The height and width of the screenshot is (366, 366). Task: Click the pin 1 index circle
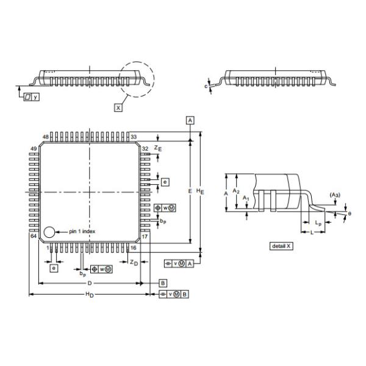point(49,232)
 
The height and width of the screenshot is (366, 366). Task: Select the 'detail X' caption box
point(281,246)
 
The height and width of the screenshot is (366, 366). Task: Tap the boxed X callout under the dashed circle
point(118,108)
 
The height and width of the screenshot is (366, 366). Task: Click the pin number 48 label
point(46,137)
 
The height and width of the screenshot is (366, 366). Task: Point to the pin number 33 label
point(134,137)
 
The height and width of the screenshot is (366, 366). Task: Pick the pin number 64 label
point(34,236)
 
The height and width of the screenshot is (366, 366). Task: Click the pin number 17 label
point(145,237)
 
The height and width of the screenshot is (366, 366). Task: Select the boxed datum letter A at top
point(190,120)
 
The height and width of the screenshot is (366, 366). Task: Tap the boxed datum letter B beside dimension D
point(163,283)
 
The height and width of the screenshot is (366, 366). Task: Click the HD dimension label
point(90,295)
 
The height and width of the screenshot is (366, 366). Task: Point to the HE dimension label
point(200,192)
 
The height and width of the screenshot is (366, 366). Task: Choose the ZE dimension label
point(158,148)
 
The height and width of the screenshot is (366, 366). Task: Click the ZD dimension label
point(134,262)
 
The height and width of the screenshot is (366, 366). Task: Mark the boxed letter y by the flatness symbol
point(35,96)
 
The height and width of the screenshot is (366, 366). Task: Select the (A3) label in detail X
point(335,195)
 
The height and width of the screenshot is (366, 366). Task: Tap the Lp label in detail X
point(318,223)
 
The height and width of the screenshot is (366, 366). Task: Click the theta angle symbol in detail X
point(350,213)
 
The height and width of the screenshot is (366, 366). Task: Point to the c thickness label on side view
point(206,87)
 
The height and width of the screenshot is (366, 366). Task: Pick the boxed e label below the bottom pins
point(54,268)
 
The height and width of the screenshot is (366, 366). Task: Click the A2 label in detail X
point(236,191)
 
